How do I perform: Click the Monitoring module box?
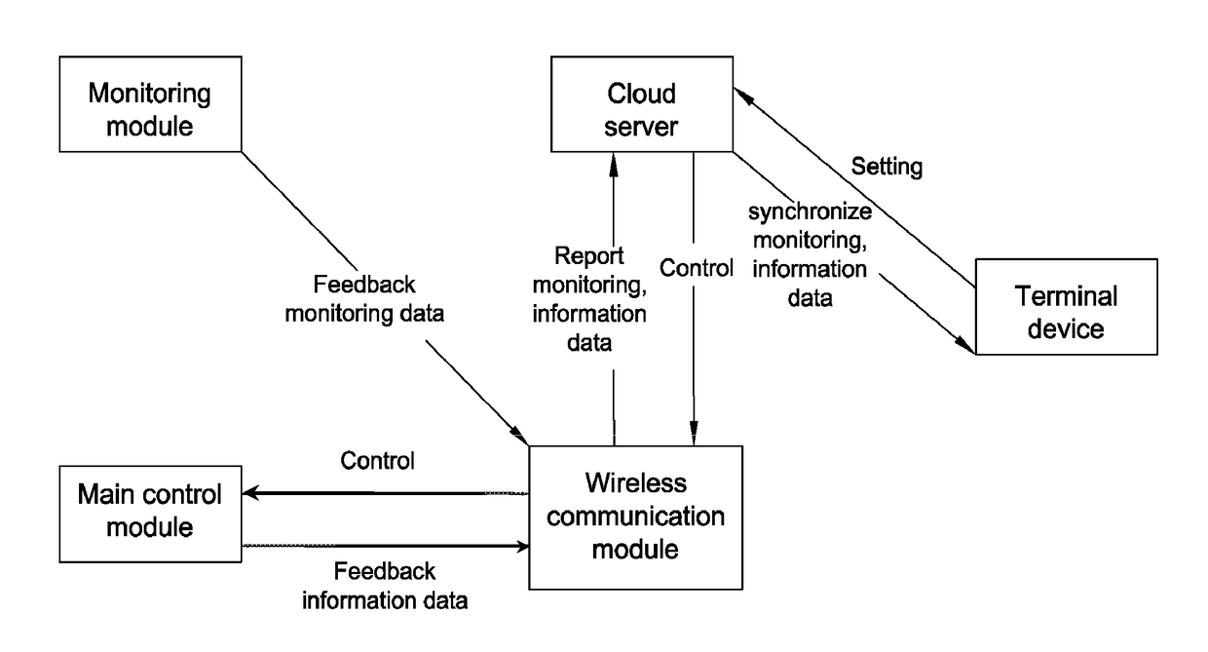point(150,104)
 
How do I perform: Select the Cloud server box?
point(642,104)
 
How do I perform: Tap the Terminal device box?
point(1066,307)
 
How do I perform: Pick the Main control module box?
point(150,514)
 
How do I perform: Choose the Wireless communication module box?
point(636,518)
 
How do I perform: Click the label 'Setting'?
point(887,166)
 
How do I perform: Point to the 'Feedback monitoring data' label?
point(364,299)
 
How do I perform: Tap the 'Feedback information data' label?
point(385,586)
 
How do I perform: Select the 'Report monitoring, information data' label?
point(589,299)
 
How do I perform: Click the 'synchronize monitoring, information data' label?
point(810,254)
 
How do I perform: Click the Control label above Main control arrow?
point(377,461)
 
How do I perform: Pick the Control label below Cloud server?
point(697,268)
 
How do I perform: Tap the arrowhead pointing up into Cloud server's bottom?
point(613,165)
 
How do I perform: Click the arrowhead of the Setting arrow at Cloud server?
point(742,96)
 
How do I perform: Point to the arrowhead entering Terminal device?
point(965,345)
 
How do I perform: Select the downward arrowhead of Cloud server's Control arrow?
point(694,433)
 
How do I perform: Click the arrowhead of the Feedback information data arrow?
point(522,547)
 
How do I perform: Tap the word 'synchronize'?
point(810,211)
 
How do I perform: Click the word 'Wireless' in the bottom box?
point(636,482)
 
